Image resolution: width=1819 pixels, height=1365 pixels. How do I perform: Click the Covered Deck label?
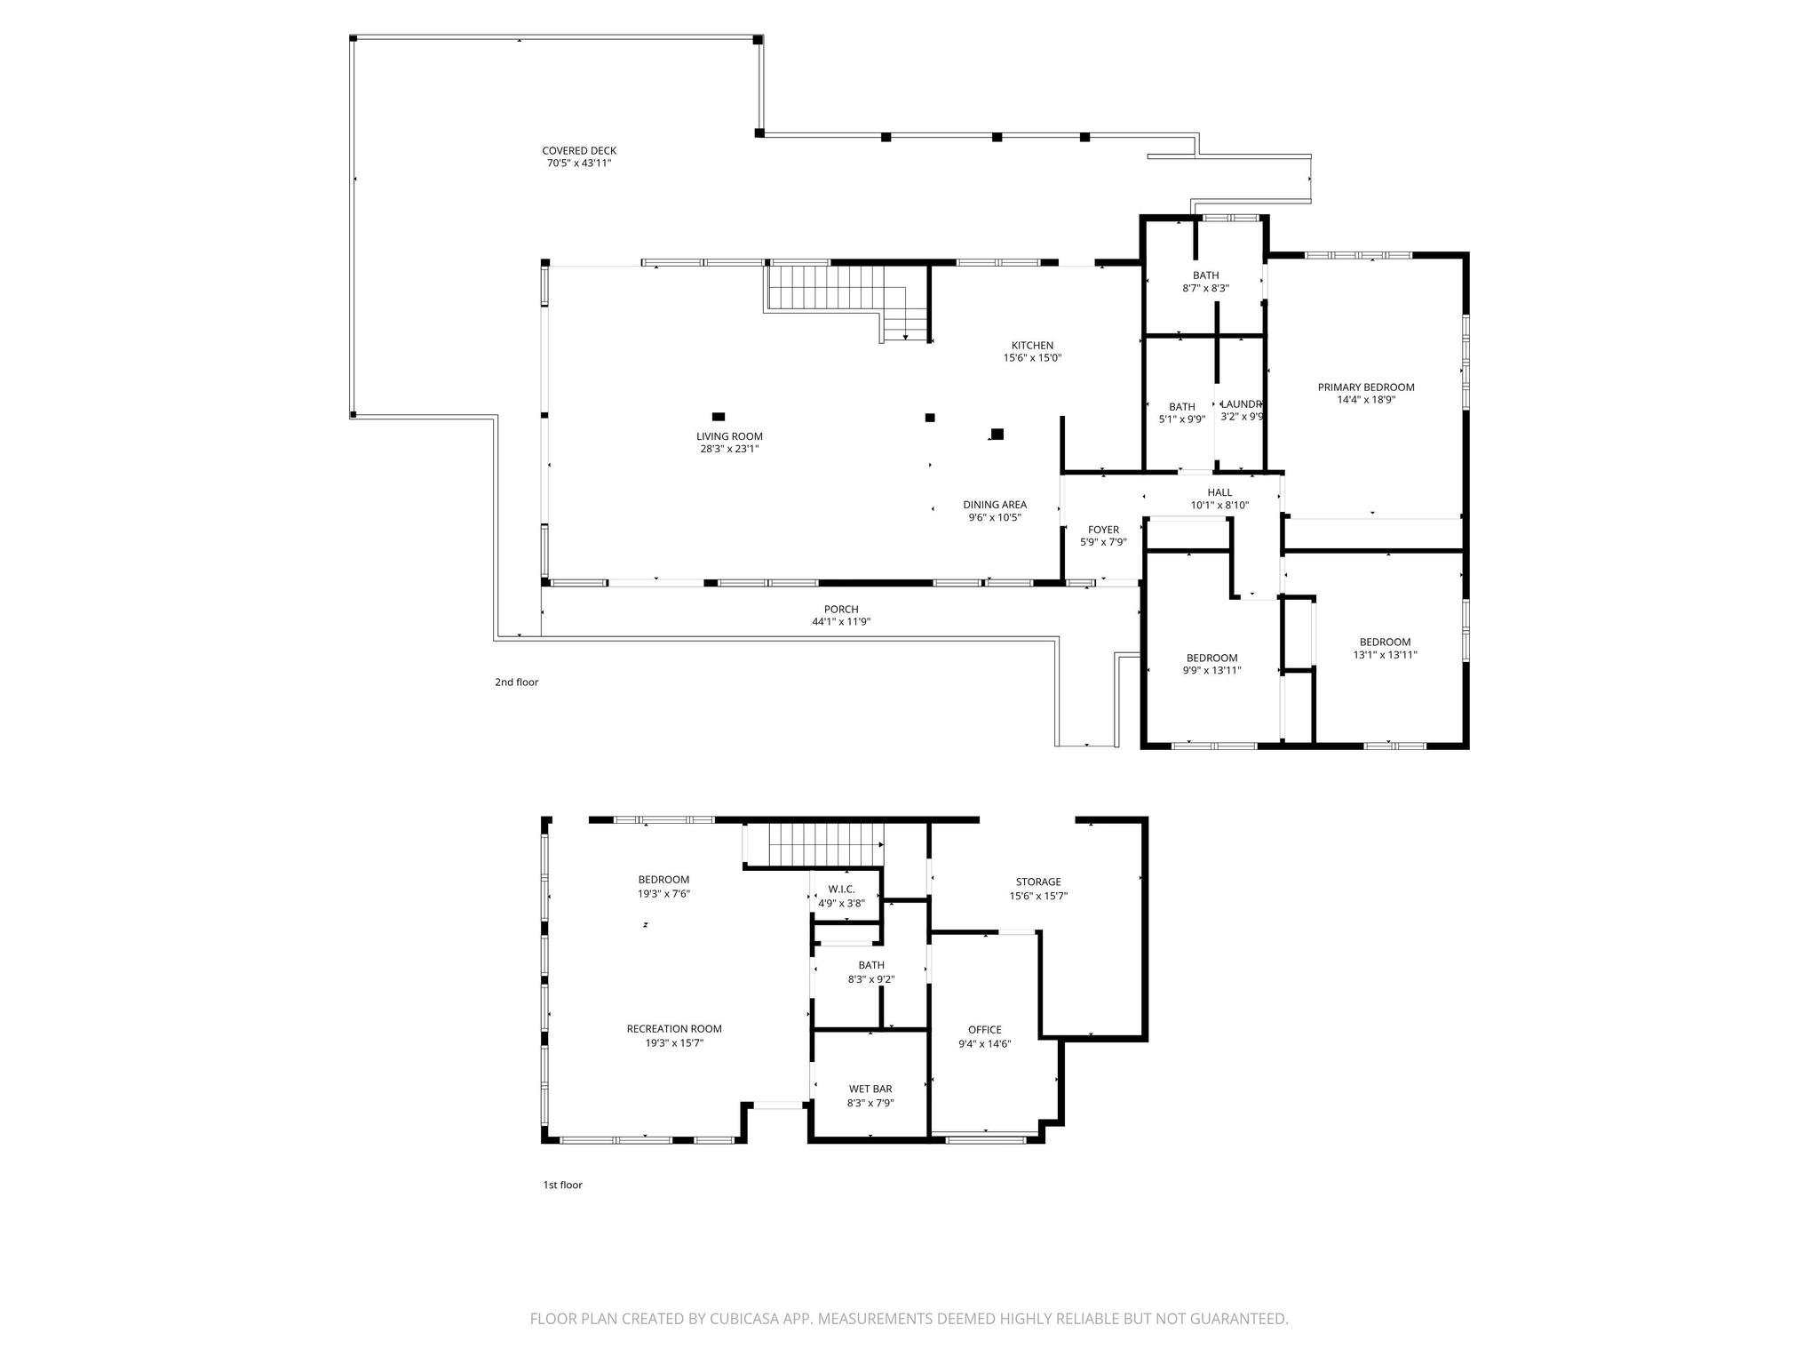pos(579,151)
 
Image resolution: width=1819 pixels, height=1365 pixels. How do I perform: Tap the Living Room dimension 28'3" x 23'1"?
pos(729,450)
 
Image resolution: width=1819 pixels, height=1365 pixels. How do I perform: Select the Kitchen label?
pos(1032,346)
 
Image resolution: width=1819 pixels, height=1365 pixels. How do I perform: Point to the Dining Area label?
pos(995,505)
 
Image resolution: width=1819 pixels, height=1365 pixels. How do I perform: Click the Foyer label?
pos(1103,531)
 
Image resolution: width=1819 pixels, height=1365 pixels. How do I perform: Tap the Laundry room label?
pos(1242,404)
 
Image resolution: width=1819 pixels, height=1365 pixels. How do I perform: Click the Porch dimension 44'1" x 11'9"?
pos(841,622)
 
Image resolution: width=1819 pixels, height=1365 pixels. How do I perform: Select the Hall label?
pos(1219,493)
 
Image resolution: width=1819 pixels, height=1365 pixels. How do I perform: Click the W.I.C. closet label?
pos(841,890)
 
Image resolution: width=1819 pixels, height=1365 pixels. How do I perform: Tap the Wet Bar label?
pos(870,1090)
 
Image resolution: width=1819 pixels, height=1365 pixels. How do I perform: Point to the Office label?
pos(985,1030)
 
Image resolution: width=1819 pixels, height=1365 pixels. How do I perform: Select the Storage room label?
pos(1038,882)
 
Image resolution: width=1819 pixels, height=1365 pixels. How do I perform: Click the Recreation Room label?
pos(674,1029)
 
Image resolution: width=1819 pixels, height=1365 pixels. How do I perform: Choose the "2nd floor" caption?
pos(517,682)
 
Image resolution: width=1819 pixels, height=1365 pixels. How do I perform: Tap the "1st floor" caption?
pos(563,1185)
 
